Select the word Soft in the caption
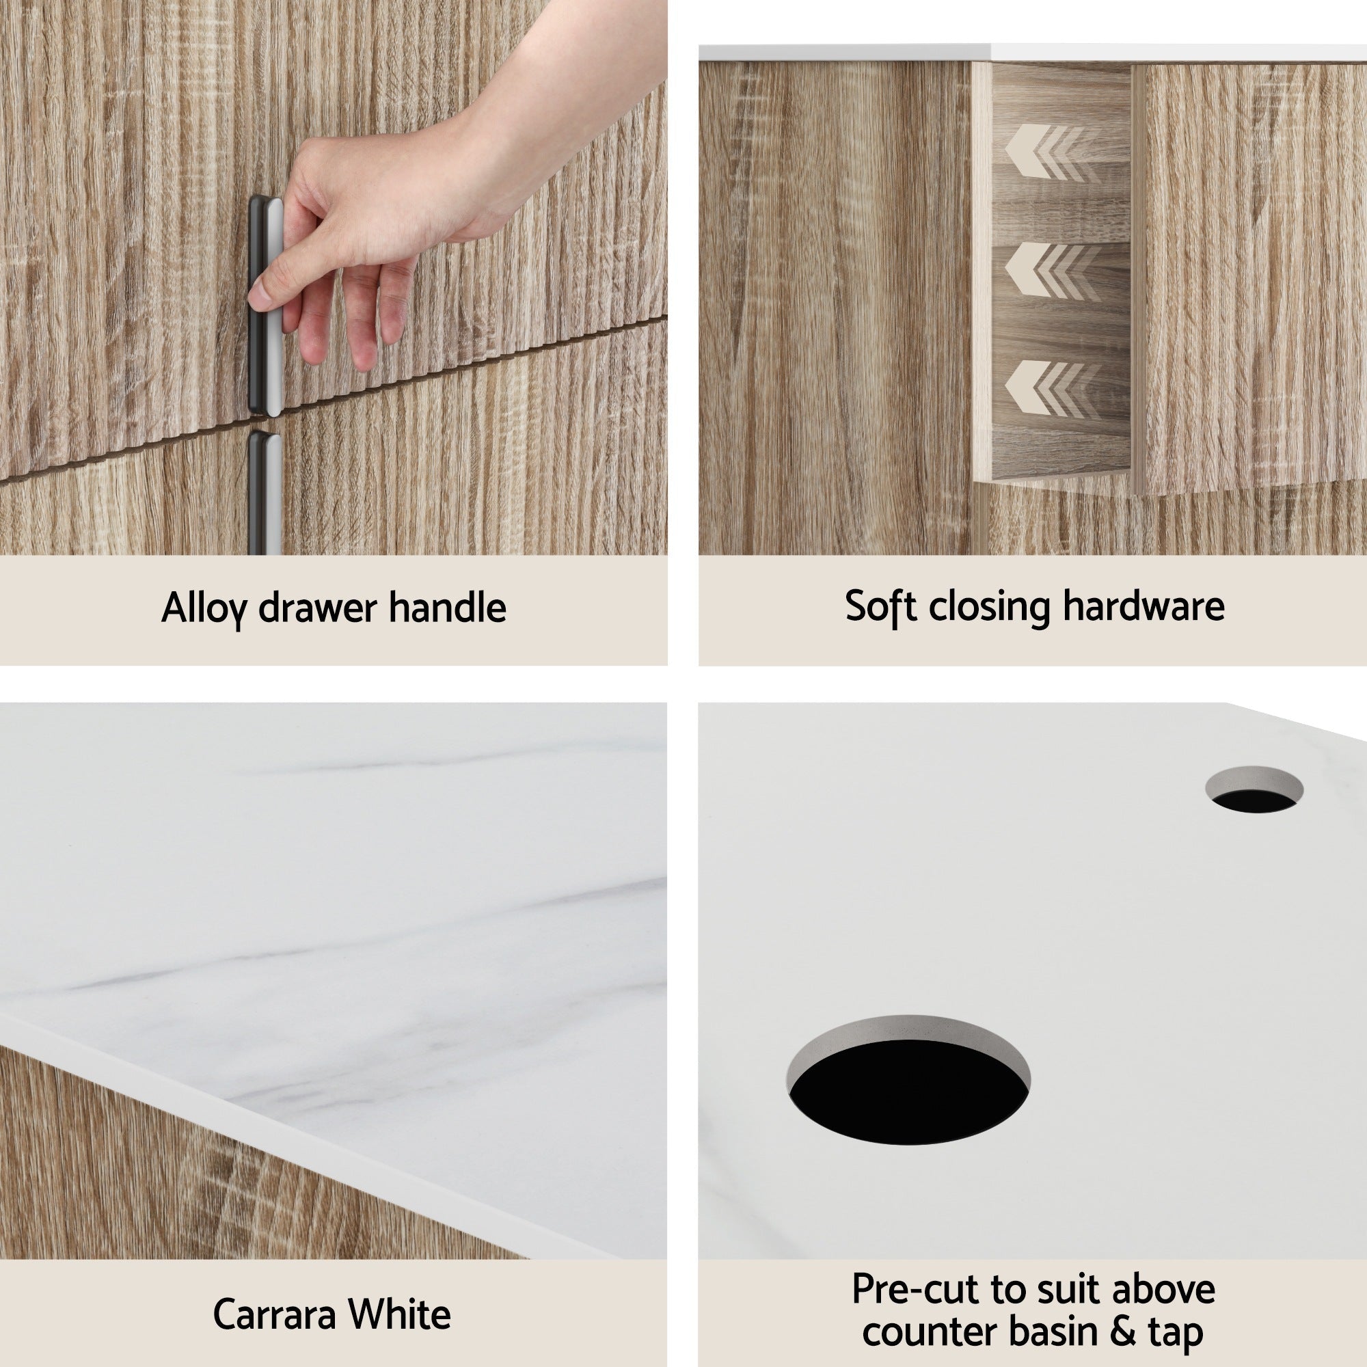click(880, 606)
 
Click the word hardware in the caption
click(1143, 606)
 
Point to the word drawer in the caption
click(317, 608)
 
